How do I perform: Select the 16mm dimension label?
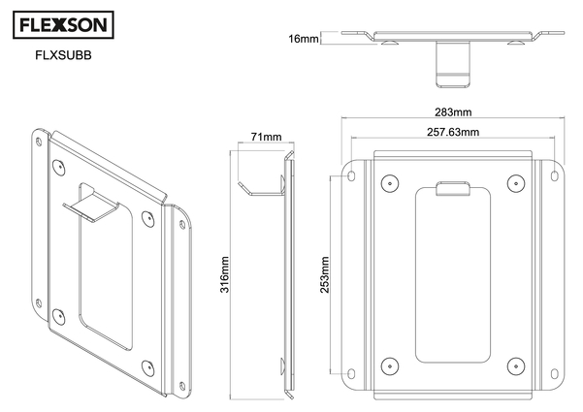tap(303, 39)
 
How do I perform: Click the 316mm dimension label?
tap(225, 273)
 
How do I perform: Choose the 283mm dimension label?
tap(454, 112)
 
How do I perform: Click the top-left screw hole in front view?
tap(389, 181)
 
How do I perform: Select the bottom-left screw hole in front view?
tap(389, 364)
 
